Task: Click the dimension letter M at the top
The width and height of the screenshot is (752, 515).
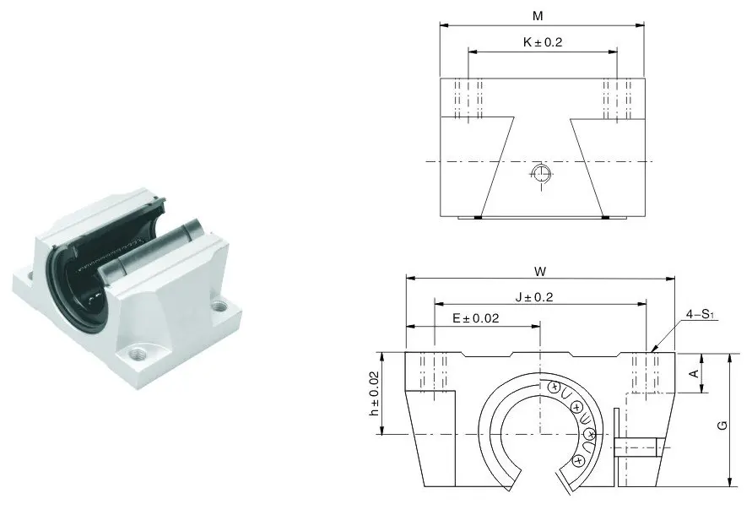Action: pyautogui.click(x=538, y=16)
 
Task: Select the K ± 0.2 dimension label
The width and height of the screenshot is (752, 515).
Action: pyautogui.click(x=543, y=42)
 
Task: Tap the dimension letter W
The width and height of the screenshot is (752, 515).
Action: pyautogui.click(x=540, y=272)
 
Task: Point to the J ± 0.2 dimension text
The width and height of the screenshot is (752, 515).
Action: pyautogui.click(x=534, y=297)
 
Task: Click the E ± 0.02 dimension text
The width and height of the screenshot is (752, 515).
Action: pyautogui.click(x=476, y=317)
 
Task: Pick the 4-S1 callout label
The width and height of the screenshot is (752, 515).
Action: pyautogui.click(x=701, y=314)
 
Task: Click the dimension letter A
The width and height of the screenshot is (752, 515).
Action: pyautogui.click(x=694, y=373)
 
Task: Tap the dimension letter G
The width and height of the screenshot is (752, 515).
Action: pyautogui.click(x=722, y=425)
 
